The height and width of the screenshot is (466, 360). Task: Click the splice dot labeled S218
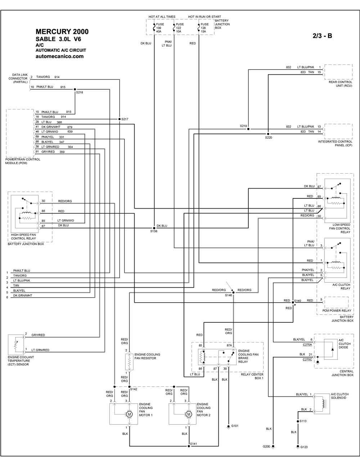[75, 89]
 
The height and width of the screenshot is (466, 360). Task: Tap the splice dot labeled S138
[154, 228]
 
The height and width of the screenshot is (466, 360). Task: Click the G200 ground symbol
[273, 447]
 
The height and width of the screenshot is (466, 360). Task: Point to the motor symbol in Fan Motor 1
[129, 414]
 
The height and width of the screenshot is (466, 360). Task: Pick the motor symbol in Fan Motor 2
[189, 414]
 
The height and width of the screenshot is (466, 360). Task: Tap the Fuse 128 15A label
[204, 28]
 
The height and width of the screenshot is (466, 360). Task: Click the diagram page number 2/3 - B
[322, 36]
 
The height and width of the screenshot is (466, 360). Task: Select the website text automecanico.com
[59, 57]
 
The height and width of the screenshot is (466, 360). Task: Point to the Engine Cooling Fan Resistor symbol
[129, 362]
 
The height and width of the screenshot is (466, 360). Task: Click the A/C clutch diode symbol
[332, 349]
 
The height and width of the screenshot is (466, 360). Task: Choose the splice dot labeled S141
[189, 446]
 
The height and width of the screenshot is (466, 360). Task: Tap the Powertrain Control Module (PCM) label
[23, 161]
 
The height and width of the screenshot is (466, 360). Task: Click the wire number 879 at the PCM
[69, 127]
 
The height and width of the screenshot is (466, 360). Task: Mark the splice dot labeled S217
[120, 119]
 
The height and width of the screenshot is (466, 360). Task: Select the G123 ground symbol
[298, 447]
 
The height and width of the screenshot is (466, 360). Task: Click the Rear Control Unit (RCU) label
[341, 84]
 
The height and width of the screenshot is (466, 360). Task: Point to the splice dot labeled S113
[298, 421]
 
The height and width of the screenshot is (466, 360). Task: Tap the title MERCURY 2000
[62, 32]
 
